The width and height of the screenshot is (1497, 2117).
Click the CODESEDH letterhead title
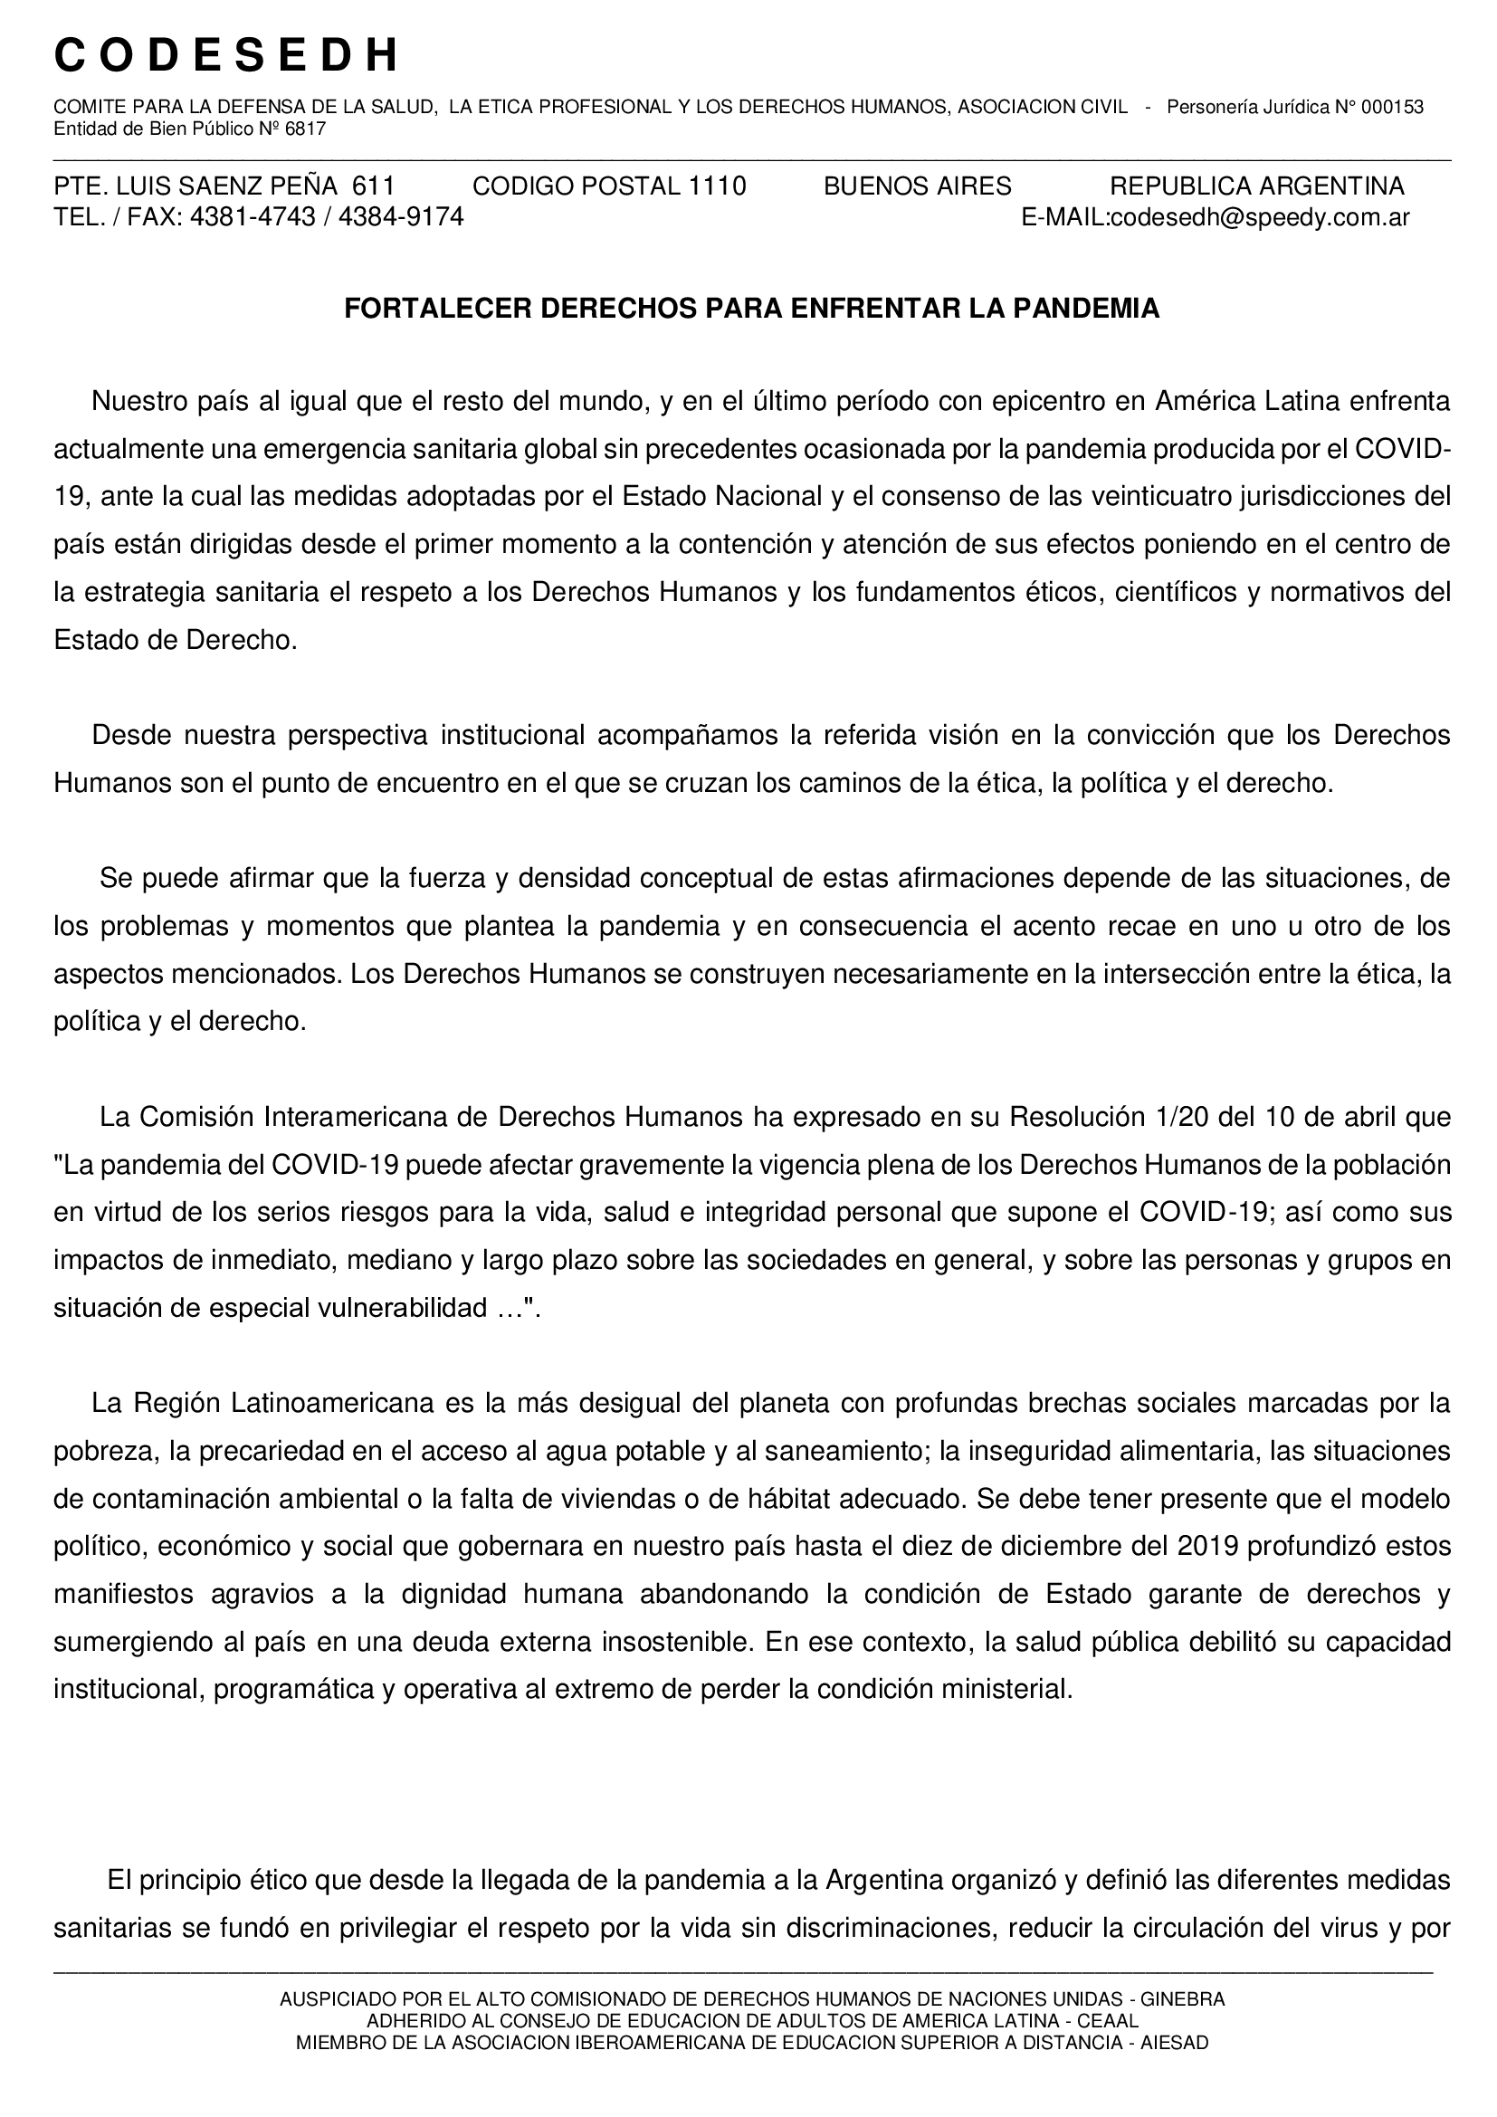click(x=227, y=56)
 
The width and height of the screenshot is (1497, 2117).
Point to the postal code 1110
click(x=716, y=186)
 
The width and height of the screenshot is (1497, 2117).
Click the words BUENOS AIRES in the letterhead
click(x=917, y=186)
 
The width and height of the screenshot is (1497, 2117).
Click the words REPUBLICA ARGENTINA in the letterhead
click(x=1256, y=186)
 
